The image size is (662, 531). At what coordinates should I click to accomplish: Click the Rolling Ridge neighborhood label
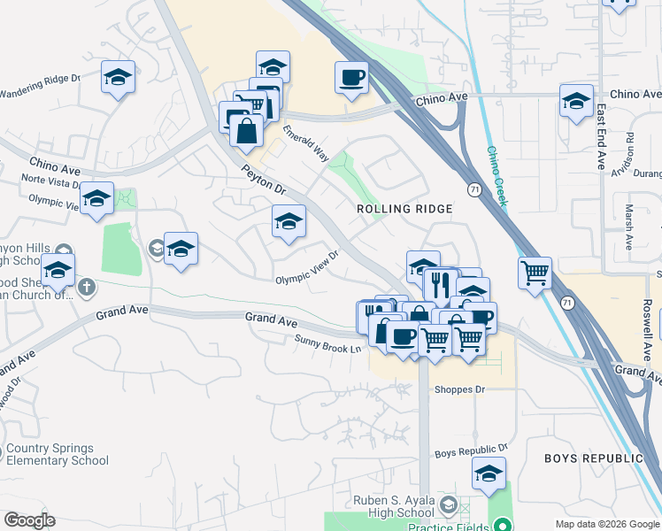tap(404, 209)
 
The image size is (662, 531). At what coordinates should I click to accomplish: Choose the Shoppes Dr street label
tap(460, 389)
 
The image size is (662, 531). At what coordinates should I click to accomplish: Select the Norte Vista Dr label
tap(51, 181)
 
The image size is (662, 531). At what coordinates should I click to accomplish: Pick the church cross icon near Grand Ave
tap(86, 286)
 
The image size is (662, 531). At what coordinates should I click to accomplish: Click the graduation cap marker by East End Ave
tap(576, 101)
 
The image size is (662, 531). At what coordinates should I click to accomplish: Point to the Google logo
tap(29, 519)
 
